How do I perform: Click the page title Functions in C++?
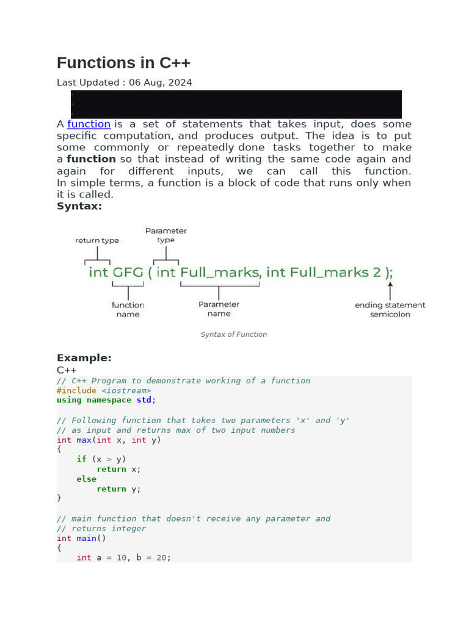click(123, 63)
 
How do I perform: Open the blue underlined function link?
click(89, 124)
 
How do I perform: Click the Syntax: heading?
click(79, 206)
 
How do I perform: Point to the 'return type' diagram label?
click(97, 240)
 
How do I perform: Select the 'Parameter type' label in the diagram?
click(165, 235)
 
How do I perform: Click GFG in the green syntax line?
click(126, 272)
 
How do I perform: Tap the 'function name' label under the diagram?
click(128, 309)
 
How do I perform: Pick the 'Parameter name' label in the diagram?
click(219, 309)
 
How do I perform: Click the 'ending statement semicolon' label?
click(390, 309)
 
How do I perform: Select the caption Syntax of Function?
click(234, 334)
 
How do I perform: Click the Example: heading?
click(84, 358)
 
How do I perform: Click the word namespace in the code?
click(109, 400)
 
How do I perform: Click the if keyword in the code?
click(81, 459)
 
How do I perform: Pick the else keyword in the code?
click(86, 479)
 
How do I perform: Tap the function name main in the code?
click(86, 538)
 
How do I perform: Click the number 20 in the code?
click(161, 558)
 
